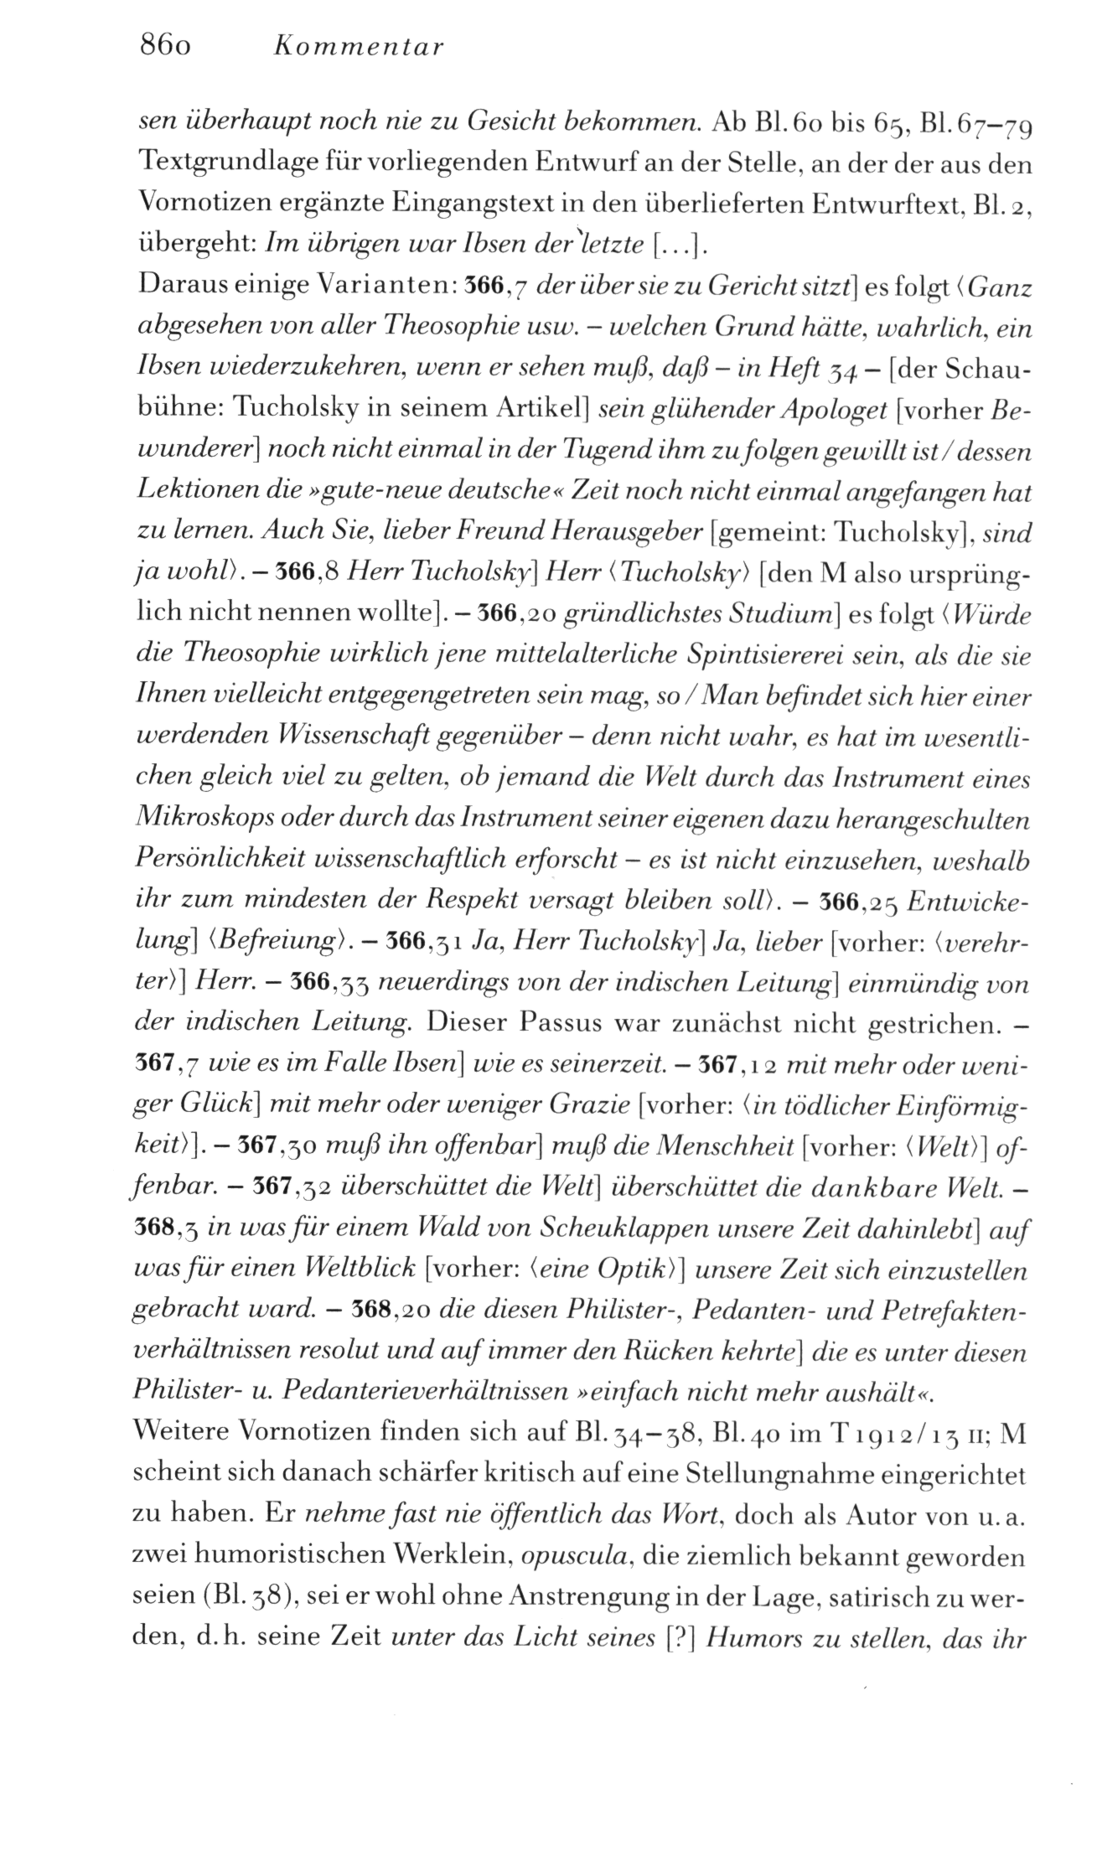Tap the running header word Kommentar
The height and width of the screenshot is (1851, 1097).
click(359, 48)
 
